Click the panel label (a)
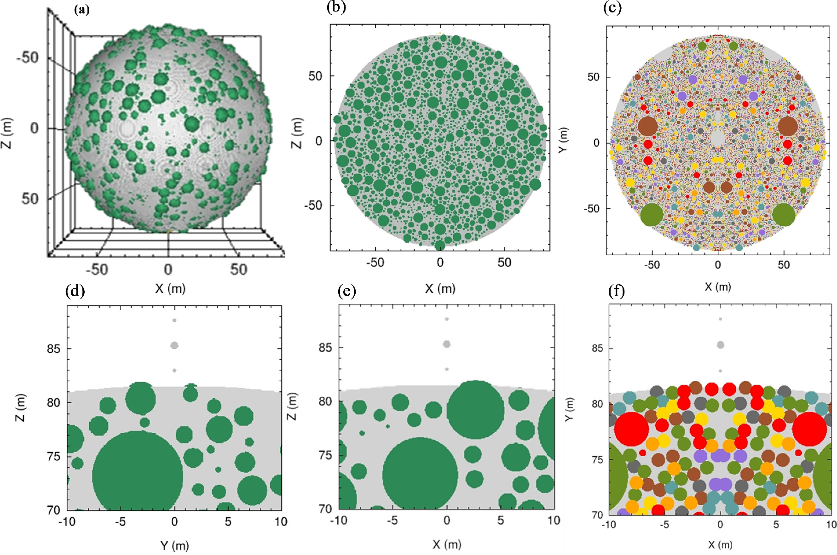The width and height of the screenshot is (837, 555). [82, 10]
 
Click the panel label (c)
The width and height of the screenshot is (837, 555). [612, 8]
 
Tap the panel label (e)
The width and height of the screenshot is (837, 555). [346, 291]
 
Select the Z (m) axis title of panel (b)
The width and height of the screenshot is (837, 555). [297, 133]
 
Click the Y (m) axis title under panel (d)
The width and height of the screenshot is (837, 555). [174, 545]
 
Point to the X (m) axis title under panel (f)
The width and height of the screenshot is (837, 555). [720, 544]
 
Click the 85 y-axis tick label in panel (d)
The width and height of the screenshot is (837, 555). [53, 349]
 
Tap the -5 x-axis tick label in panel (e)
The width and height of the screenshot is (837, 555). [392, 521]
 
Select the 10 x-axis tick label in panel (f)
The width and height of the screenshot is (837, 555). [831, 525]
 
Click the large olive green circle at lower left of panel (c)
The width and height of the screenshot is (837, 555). [652, 214]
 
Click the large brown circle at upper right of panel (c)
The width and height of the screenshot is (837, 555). [787, 126]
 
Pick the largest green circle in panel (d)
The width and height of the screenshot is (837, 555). [137, 474]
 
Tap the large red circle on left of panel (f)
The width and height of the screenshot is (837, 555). [631, 429]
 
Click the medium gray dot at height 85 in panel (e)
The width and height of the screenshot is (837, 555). [446, 344]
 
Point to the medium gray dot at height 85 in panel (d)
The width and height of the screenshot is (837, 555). [174, 345]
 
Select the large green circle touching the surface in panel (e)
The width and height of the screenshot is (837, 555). [475, 409]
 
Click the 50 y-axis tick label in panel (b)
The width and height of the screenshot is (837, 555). [315, 76]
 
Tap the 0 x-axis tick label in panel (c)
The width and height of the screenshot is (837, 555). [717, 265]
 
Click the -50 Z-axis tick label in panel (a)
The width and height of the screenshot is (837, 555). [28, 58]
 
